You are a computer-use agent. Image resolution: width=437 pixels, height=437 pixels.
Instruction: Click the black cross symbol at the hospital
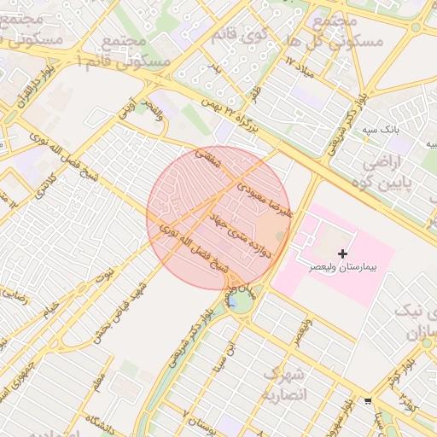343,253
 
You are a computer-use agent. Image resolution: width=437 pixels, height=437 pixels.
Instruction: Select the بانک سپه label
380,130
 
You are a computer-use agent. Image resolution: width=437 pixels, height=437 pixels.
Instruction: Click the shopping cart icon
368,401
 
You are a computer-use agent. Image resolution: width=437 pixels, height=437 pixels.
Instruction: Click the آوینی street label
126,107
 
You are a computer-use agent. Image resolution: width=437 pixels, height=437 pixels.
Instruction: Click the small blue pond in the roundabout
232,301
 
